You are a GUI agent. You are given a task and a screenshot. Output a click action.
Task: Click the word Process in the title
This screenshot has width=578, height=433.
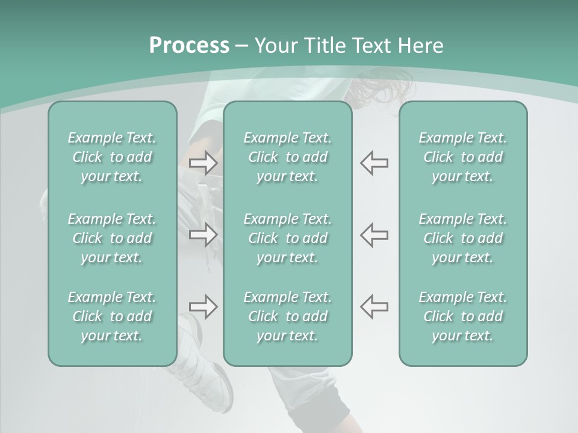[x=189, y=46]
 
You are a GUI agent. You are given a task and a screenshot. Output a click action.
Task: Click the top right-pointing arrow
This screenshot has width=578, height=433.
[x=204, y=163]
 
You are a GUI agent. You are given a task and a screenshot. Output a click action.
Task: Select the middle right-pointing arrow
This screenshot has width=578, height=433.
[x=204, y=235]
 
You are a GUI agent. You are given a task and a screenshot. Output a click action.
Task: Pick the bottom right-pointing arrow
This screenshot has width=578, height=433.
[x=204, y=306]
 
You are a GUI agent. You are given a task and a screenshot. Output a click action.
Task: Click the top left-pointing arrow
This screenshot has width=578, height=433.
[x=374, y=163]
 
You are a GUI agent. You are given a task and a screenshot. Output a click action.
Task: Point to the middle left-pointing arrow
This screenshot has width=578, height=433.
[x=374, y=235]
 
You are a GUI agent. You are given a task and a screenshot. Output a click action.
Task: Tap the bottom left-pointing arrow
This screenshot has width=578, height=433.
[x=374, y=306]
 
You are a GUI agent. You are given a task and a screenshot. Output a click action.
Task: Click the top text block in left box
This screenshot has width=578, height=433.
[x=112, y=157]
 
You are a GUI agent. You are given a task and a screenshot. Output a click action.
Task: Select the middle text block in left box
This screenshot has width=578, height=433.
[x=112, y=238]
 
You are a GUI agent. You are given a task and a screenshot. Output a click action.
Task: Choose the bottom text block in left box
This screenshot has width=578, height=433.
[x=112, y=316]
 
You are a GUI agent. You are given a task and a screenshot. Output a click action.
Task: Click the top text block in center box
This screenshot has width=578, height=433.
[x=287, y=157]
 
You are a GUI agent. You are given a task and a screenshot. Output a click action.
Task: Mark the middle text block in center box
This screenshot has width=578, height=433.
[x=287, y=238]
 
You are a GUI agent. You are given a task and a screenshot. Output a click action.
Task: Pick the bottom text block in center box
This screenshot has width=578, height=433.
[x=287, y=316]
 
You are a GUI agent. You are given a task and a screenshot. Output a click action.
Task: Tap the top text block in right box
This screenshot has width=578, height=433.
[x=462, y=157]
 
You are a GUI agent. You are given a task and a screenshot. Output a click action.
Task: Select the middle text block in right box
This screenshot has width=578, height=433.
[x=462, y=238]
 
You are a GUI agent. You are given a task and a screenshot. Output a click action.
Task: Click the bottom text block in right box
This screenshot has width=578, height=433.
[x=462, y=316]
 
